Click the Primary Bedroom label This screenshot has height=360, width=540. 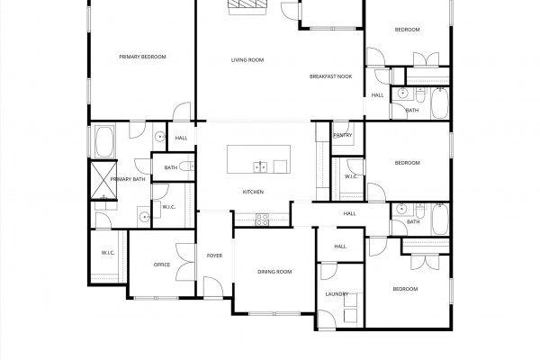pyautogui.click(x=142, y=57)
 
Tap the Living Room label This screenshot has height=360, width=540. pyautogui.click(x=247, y=60)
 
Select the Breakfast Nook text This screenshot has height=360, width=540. pyautogui.click(x=330, y=76)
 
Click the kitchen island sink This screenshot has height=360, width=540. pyautogui.click(x=260, y=166)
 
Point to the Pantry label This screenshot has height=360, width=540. pyautogui.click(x=343, y=135)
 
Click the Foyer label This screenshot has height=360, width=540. pyautogui.click(x=214, y=256)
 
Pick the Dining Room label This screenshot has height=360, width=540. pyautogui.click(x=274, y=272)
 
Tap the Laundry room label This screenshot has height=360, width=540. pyautogui.click(x=337, y=294)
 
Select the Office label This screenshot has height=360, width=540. pyautogui.click(x=161, y=265)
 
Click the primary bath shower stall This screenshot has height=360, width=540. pyautogui.click(x=103, y=180)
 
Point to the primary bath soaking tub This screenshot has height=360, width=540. pyautogui.click(x=104, y=141)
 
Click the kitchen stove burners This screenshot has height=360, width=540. pyautogui.click(x=262, y=220)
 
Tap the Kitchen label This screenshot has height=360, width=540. pyautogui.click(x=253, y=192)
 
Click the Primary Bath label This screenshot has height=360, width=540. pyautogui.click(x=128, y=179)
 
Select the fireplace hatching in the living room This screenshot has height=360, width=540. pyautogui.click(x=248, y=4)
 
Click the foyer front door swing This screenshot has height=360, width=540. pyautogui.click(x=212, y=286)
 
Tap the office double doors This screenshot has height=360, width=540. pyautogui.click(x=185, y=262)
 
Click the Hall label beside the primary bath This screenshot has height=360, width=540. pyautogui.click(x=181, y=138)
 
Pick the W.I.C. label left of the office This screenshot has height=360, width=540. pyautogui.click(x=108, y=253)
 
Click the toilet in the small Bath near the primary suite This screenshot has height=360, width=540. pyautogui.click(x=187, y=166)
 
